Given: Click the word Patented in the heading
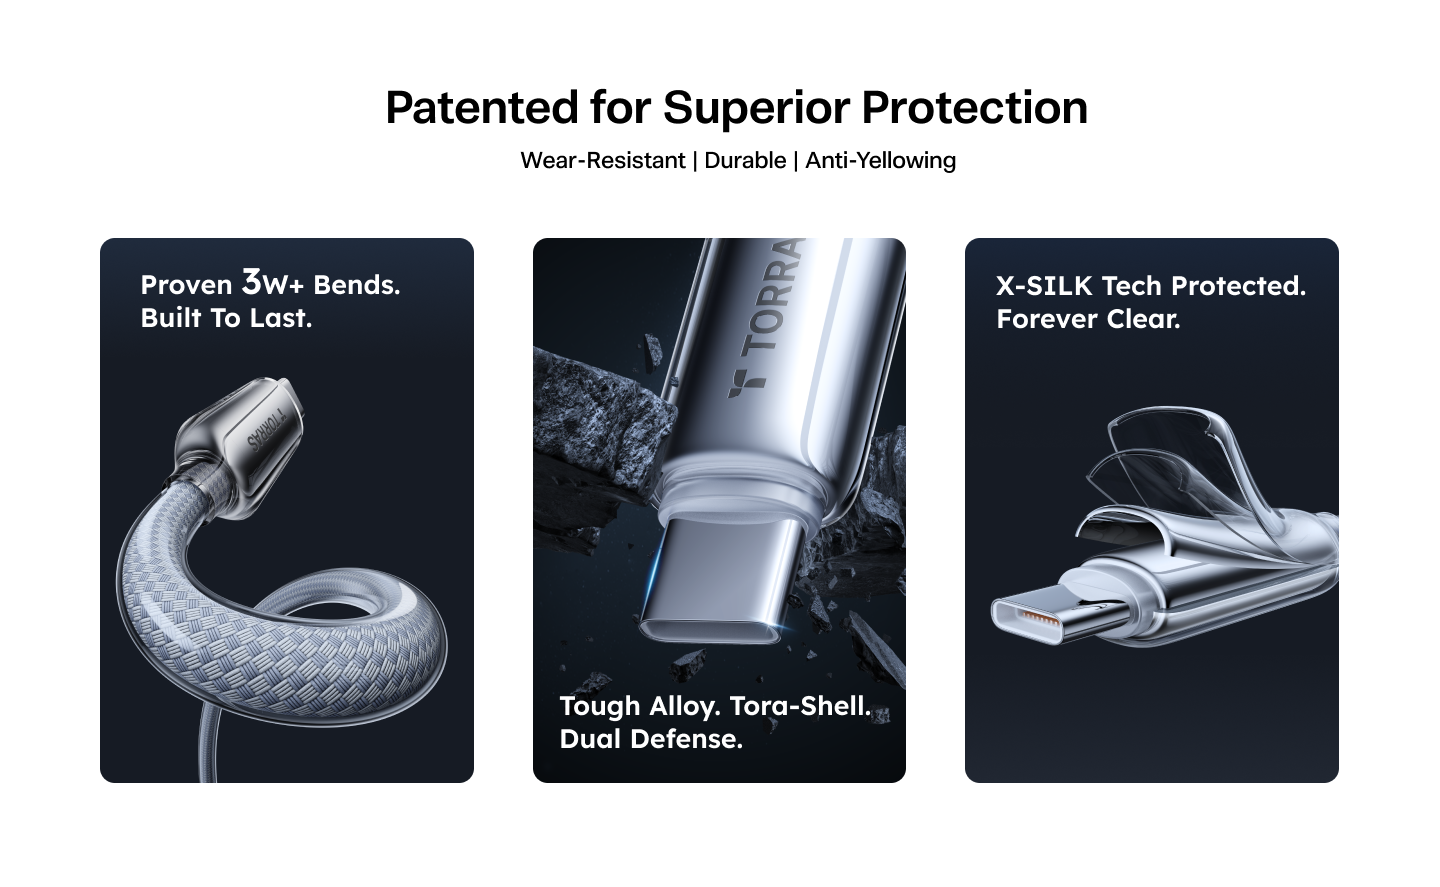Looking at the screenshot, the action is pos(482,107).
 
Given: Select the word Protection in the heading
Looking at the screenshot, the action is pos(975,107).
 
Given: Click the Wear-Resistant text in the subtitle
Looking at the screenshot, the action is pos(603,160).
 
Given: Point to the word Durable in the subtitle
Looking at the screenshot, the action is pos(745,160).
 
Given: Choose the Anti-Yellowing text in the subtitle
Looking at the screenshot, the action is pos(881,161).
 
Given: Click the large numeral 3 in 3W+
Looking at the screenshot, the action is pos(251,282).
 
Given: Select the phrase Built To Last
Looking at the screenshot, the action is pos(226,318).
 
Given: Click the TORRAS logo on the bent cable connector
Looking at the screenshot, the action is pos(264,433).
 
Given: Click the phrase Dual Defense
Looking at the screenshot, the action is pos(651,739).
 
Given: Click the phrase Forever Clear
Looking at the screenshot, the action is pos(1088,319).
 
